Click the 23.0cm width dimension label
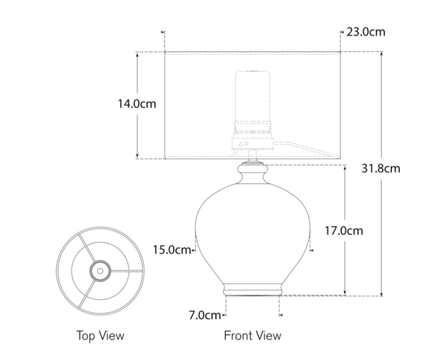366,32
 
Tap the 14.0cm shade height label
137,104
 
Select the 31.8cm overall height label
381,169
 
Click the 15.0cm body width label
172,249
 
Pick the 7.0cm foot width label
204,314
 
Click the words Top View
100,335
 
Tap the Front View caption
252,335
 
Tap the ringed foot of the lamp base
253,289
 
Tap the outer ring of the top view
60,270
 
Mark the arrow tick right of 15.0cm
195,249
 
